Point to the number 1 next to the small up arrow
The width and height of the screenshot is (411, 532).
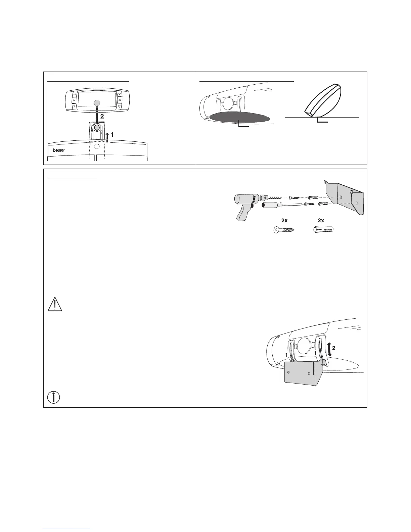coord(112,134)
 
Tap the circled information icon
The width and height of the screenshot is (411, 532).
coord(54,397)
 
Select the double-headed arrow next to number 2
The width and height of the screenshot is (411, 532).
coord(330,349)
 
